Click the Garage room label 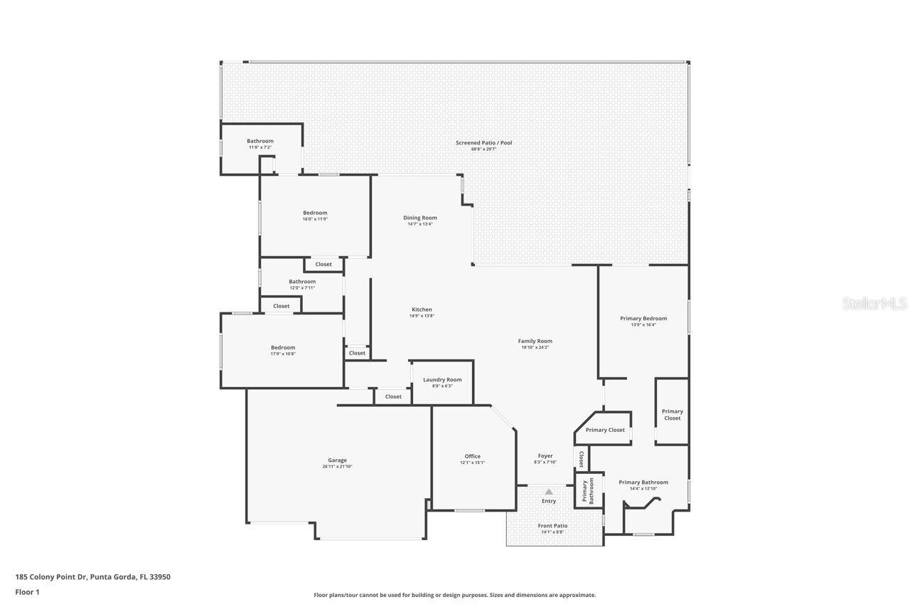click(x=337, y=460)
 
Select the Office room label click(x=473, y=456)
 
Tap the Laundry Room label click(x=442, y=379)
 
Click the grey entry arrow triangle click(x=549, y=491)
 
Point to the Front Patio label click(x=552, y=526)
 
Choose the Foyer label click(x=545, y=456)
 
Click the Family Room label click(x=535, y=341)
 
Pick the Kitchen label click(x=422, y=310)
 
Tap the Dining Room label click(x=420, y=218)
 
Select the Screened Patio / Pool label click(x=483, y=143)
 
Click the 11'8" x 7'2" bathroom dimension click(x=260, y=147)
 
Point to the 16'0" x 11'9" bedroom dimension click(x=315, y=219)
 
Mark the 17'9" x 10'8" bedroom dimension click(x=282, y=354)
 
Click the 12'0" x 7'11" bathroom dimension click(x=302, y=287)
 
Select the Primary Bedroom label click(x=643, y=318)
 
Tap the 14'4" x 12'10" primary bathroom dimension click(x=643, y=488)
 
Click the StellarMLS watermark click(x=874, y=304)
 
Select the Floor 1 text click(x=27, y=592)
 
